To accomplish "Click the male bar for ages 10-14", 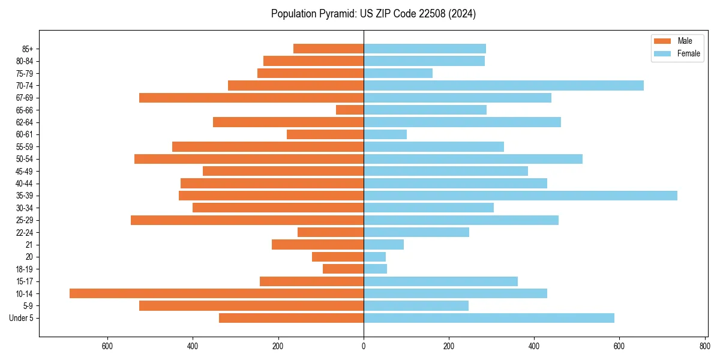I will pyautogui.click(x=217, y=293).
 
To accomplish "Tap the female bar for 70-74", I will pyautogui.click(x=503, y=85).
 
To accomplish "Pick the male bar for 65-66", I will pyautogui.click(x=350, y=110).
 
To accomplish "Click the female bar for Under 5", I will pyautogui.click(x=488, y=318).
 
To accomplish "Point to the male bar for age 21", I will pyautogui.click(x=317, y=245).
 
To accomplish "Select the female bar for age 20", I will pyautogui.click(x=374, y=257).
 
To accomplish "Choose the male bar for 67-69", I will pyautogui.click(x=251, y=98).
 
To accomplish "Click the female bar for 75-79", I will pyautogui.click(x=398, y=73).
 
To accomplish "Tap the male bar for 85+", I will pyautogui.click(x=328, y=49).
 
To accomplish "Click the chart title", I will pyautogui.click(x=373, y=14).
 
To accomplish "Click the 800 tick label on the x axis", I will pyautogui.click(x=704, y=346).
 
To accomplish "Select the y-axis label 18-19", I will pyautogui.click(x=25, y=269).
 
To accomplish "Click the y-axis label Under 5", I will pyautogui.click(x=22, y=318).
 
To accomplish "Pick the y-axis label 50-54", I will pyautogui.click(x=25, y=159).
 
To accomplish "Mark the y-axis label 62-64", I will pyautogui.click(x=25, y=122).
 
